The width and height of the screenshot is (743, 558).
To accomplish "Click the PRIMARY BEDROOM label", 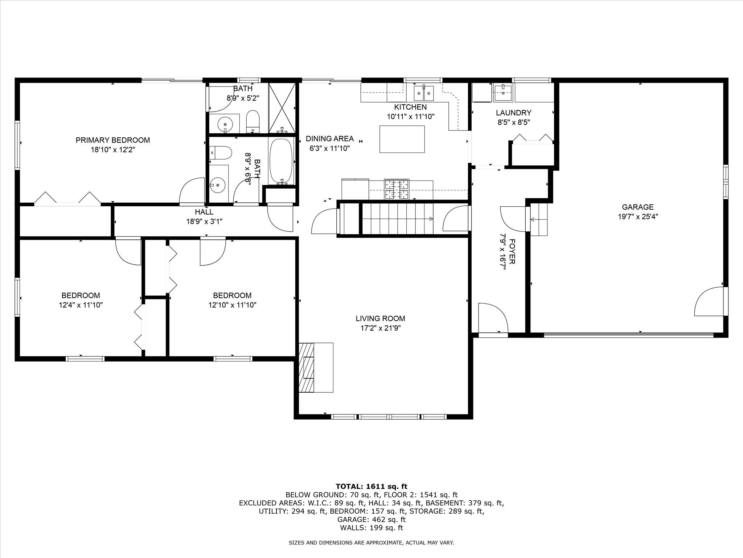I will click(x=112, y=140).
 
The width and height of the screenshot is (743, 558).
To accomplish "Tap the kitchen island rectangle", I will click(x=402, y=139).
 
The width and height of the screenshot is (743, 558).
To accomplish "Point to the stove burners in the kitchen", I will click(x=397, y=190).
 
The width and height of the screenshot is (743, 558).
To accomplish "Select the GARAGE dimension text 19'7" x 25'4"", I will click(x=637, y=217).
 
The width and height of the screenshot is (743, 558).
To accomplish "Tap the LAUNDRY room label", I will click(x=513, y=113).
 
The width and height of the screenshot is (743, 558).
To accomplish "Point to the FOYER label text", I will click(x=512, y=251).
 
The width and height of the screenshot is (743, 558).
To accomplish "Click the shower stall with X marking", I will click(x=282, y=108).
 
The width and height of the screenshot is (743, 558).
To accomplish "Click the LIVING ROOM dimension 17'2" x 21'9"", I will click(x=380, y=328).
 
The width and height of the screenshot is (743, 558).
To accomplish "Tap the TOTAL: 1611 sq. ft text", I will click(x=371, y=486).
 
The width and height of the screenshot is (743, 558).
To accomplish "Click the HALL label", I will click(x=204, y=212).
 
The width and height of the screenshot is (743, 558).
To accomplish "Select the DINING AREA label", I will click(x=329, y=139).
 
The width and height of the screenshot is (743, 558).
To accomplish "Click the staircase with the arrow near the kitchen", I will click(x=397, y=219).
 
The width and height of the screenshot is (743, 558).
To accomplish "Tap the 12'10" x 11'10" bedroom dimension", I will click(x=232, y=305).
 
